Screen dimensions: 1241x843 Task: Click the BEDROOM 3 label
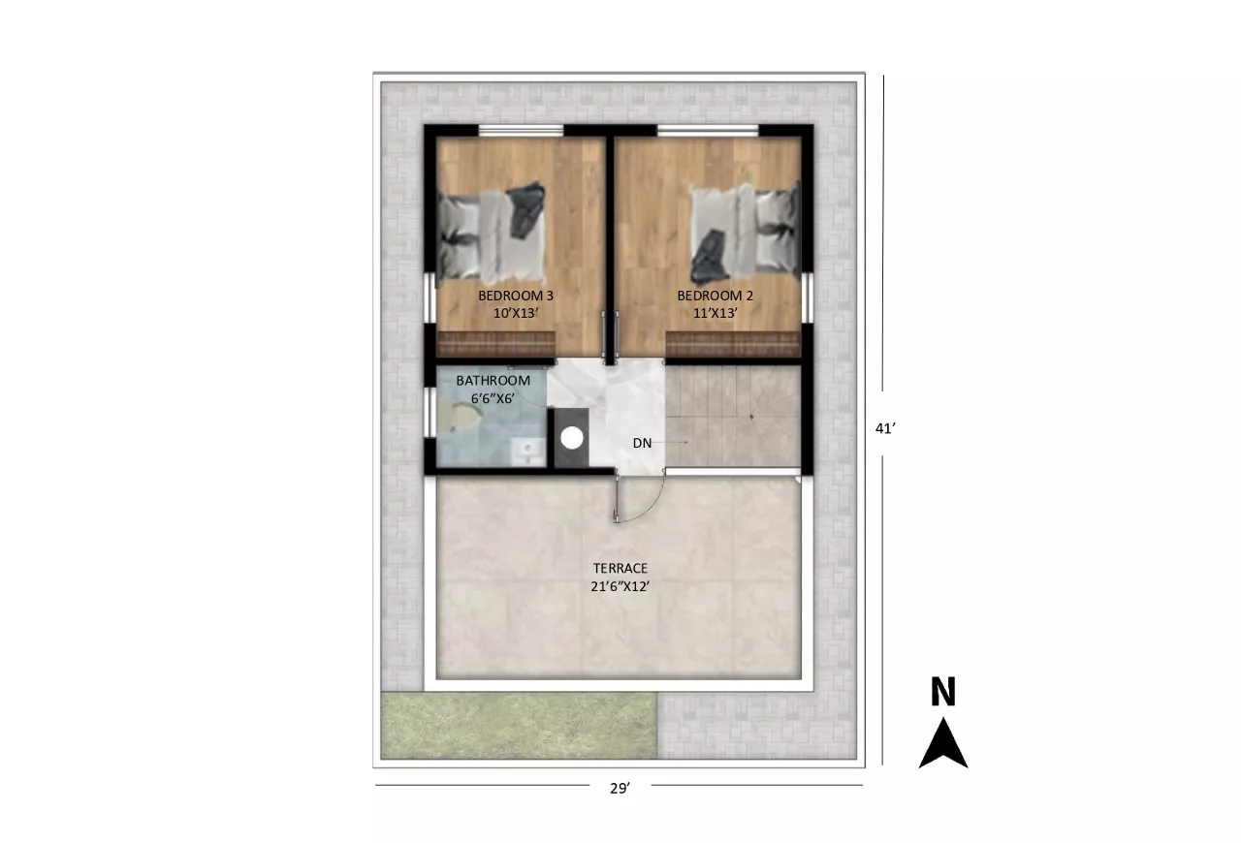point(516,296)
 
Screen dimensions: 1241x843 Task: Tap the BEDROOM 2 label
point(716,296)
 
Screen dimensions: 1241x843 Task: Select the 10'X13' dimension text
point(516,314)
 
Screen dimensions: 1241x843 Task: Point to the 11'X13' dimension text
point(716,314)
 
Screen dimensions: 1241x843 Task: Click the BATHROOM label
point(493,381)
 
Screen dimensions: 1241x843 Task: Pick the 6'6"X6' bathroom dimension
point(493,398)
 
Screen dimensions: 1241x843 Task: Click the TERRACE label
point(620,568)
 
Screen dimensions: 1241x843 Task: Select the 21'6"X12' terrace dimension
point(620,586)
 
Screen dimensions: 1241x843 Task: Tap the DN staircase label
point(642,443)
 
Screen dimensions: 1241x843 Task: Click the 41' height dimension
point(885,428)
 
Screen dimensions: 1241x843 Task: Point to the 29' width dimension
point(620,788)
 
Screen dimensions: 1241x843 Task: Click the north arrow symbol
point(943,743)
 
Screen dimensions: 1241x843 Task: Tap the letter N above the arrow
point(943,691)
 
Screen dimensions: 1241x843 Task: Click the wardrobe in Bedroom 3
point(495,343)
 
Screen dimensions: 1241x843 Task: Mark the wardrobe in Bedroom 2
point(734,343)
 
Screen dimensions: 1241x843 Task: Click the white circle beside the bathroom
point(572,438)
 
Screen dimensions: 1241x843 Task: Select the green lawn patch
point(519,726)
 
